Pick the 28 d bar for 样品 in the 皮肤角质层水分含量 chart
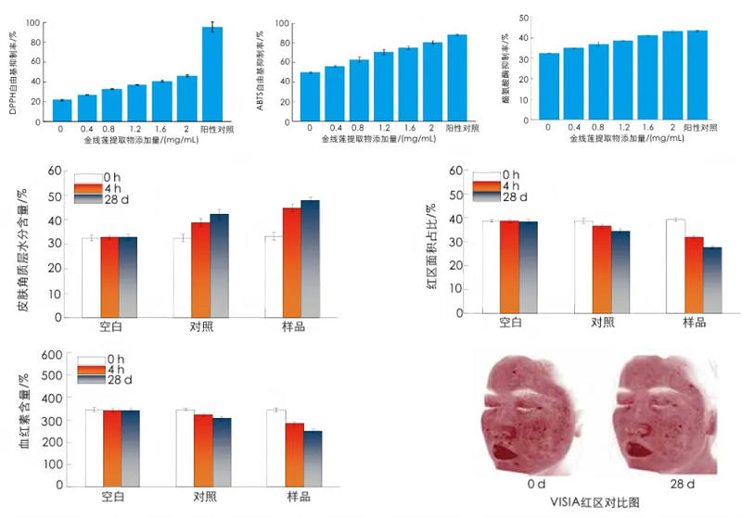[x=310, y=259]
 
